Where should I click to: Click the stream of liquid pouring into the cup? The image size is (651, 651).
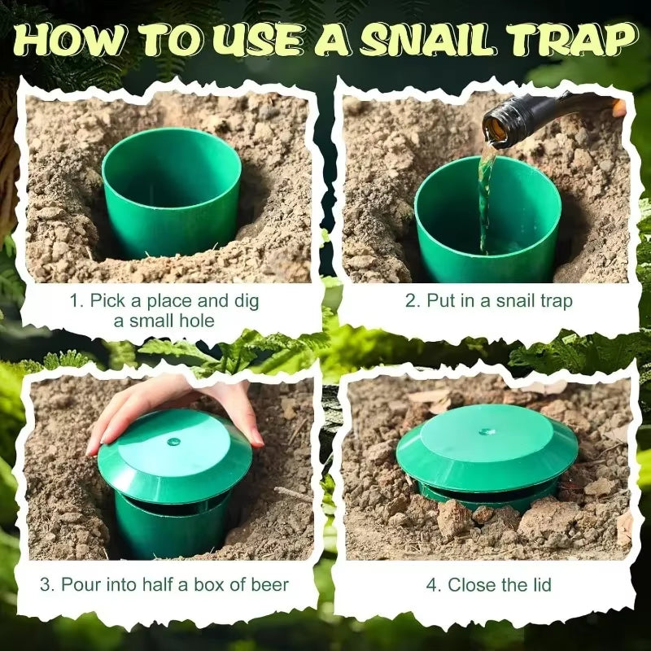[486, 195]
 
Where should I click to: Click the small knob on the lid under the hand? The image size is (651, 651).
[173, 442]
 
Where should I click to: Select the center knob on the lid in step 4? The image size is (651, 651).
[487, 431]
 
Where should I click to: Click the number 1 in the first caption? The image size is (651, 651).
[75, 301]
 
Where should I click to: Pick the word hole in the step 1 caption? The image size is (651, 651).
[198, 321]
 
